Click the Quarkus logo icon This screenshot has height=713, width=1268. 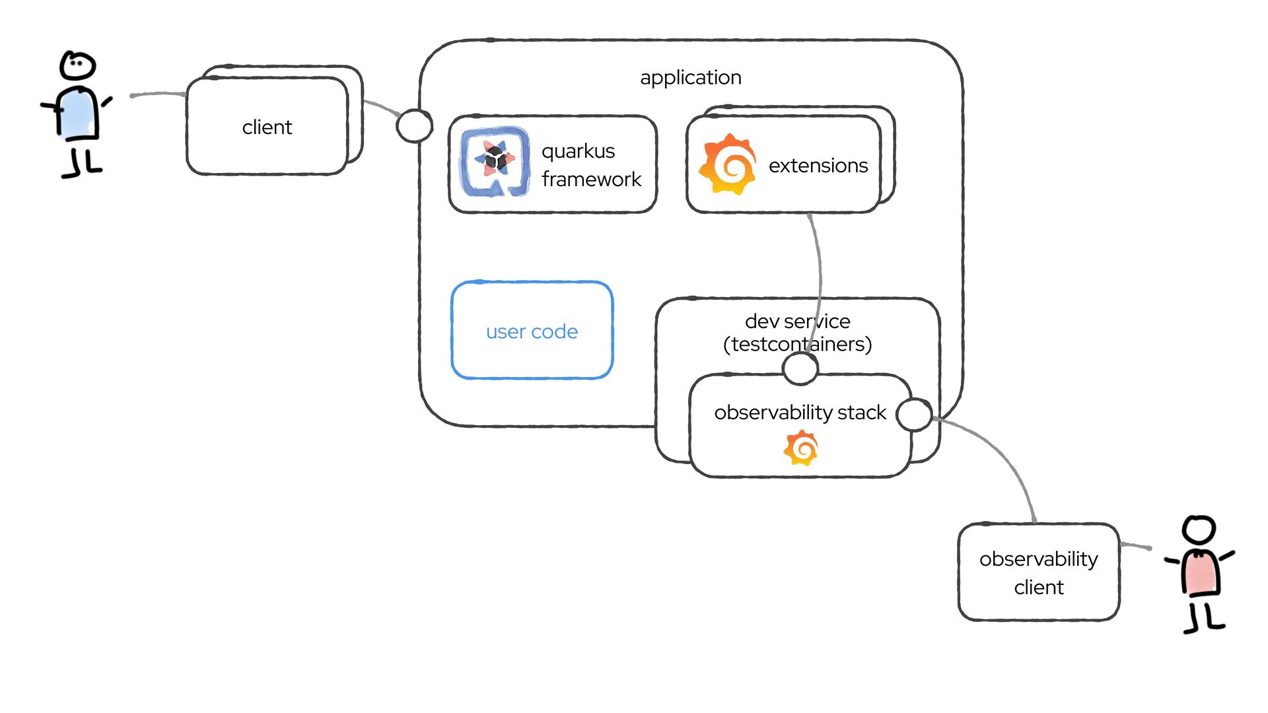coord(495,162)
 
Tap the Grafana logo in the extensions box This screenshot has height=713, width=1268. coord(728,164)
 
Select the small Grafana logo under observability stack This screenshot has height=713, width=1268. coord(801,448)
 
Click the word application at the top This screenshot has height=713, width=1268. coord(691,78)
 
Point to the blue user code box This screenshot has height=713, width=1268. coord(532,330)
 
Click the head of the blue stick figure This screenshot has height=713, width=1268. coord(78,65)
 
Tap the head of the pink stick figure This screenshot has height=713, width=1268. coord(1199,529)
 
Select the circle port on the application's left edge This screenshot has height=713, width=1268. coord(414,125)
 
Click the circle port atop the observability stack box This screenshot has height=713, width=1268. coord(800,368)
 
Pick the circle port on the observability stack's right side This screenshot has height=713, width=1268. coord(915,415)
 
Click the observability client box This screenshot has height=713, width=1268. coord(1038,572)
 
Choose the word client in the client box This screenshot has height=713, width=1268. coord(267,127)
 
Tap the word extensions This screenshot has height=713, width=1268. coord(818,166)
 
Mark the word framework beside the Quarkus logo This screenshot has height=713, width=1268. coord(591,180)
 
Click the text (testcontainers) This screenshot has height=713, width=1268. coord(797,345)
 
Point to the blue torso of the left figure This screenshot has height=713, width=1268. coord(79,114)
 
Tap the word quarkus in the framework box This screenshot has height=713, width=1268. coord(578,151)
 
